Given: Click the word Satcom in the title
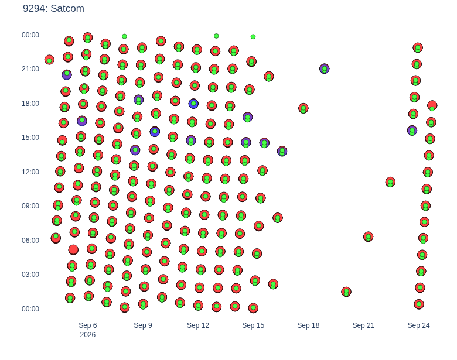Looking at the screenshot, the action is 67,8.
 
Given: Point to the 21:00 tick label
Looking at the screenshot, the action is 30,69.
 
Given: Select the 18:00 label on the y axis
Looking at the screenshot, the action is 30,104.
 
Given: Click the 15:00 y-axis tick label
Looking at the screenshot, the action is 30,138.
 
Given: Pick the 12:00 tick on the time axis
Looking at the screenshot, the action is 30,172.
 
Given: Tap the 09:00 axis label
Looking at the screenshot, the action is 30,206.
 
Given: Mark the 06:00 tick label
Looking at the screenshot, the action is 30,240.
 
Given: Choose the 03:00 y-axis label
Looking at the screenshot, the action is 30,275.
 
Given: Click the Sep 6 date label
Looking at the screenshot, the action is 88,325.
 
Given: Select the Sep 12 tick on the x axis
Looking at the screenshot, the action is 198,325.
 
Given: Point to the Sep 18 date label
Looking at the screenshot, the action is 308,325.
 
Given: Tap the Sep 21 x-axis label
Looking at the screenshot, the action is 363,325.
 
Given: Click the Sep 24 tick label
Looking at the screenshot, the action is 418,325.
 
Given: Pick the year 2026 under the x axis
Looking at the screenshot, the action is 88,335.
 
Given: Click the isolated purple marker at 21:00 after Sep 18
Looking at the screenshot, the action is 325,68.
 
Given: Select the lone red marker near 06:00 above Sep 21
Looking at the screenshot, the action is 369,236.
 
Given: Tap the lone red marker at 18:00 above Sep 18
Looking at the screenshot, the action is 303,108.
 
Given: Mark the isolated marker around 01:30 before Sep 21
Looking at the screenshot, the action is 346,292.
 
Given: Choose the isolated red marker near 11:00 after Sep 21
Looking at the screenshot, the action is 390,182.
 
